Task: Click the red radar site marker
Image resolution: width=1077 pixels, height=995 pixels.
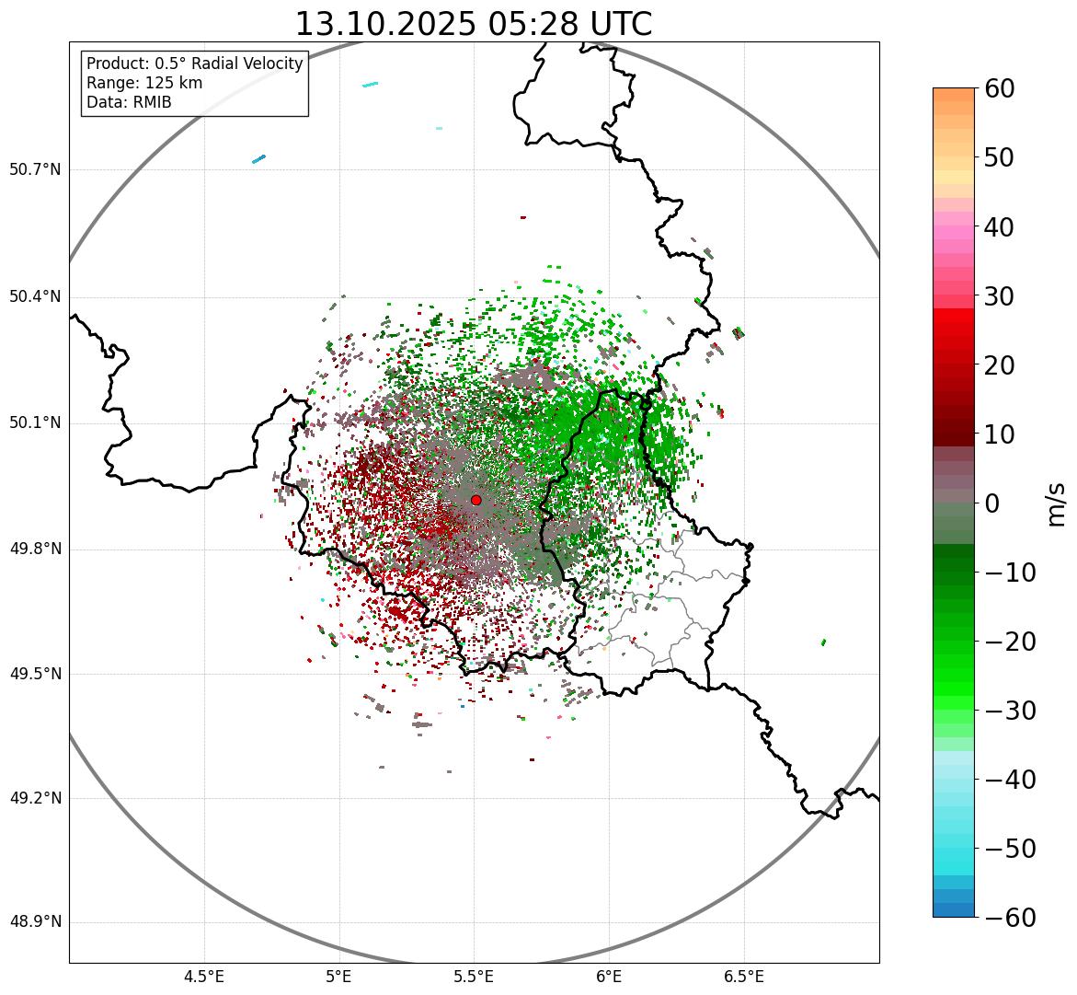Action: click(475, 500)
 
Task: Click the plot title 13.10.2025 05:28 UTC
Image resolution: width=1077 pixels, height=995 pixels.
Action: click(473, 24)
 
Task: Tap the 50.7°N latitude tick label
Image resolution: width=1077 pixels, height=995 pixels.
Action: click(35, 170)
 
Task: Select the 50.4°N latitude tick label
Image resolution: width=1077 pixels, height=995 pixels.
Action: click(35, 297)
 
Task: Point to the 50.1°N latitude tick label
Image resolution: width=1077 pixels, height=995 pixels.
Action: click(35, 423)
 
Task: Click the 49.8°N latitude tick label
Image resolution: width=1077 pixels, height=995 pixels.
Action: click(35, 550)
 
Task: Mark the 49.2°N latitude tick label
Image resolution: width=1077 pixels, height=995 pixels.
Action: click(35, 798)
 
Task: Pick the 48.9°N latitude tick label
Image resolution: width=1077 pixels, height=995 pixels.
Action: click(35, 922)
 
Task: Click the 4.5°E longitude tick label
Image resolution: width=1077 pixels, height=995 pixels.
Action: click(204, 976)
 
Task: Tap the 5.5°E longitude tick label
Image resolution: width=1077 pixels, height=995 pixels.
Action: click(474, 976)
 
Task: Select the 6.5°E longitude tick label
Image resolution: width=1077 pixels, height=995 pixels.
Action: click(743, 976)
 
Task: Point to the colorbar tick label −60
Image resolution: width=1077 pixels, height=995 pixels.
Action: click(1010, 918)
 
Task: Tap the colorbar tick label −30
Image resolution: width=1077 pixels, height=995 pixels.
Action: click(1010, 711)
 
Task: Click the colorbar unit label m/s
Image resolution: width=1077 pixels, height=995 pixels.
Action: click(1056, 503)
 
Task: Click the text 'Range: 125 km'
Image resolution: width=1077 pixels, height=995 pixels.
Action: click(144, 83)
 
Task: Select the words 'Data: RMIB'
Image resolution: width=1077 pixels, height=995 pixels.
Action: click(129, 102)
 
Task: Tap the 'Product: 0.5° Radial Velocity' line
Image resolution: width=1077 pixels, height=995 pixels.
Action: click(194, 64)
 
